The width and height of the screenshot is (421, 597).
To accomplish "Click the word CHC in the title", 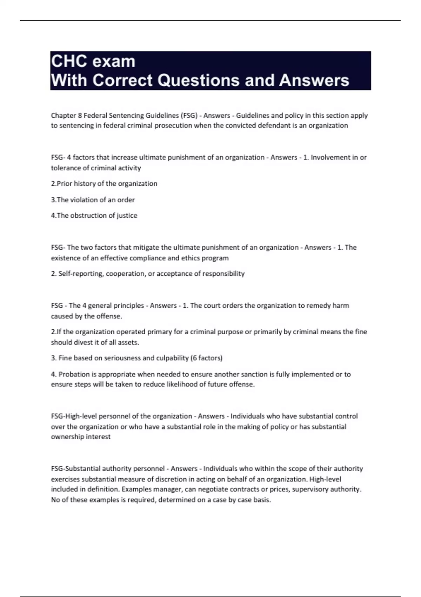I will click(68, 61).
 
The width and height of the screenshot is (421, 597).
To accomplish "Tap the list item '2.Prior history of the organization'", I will click(104, 184).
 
